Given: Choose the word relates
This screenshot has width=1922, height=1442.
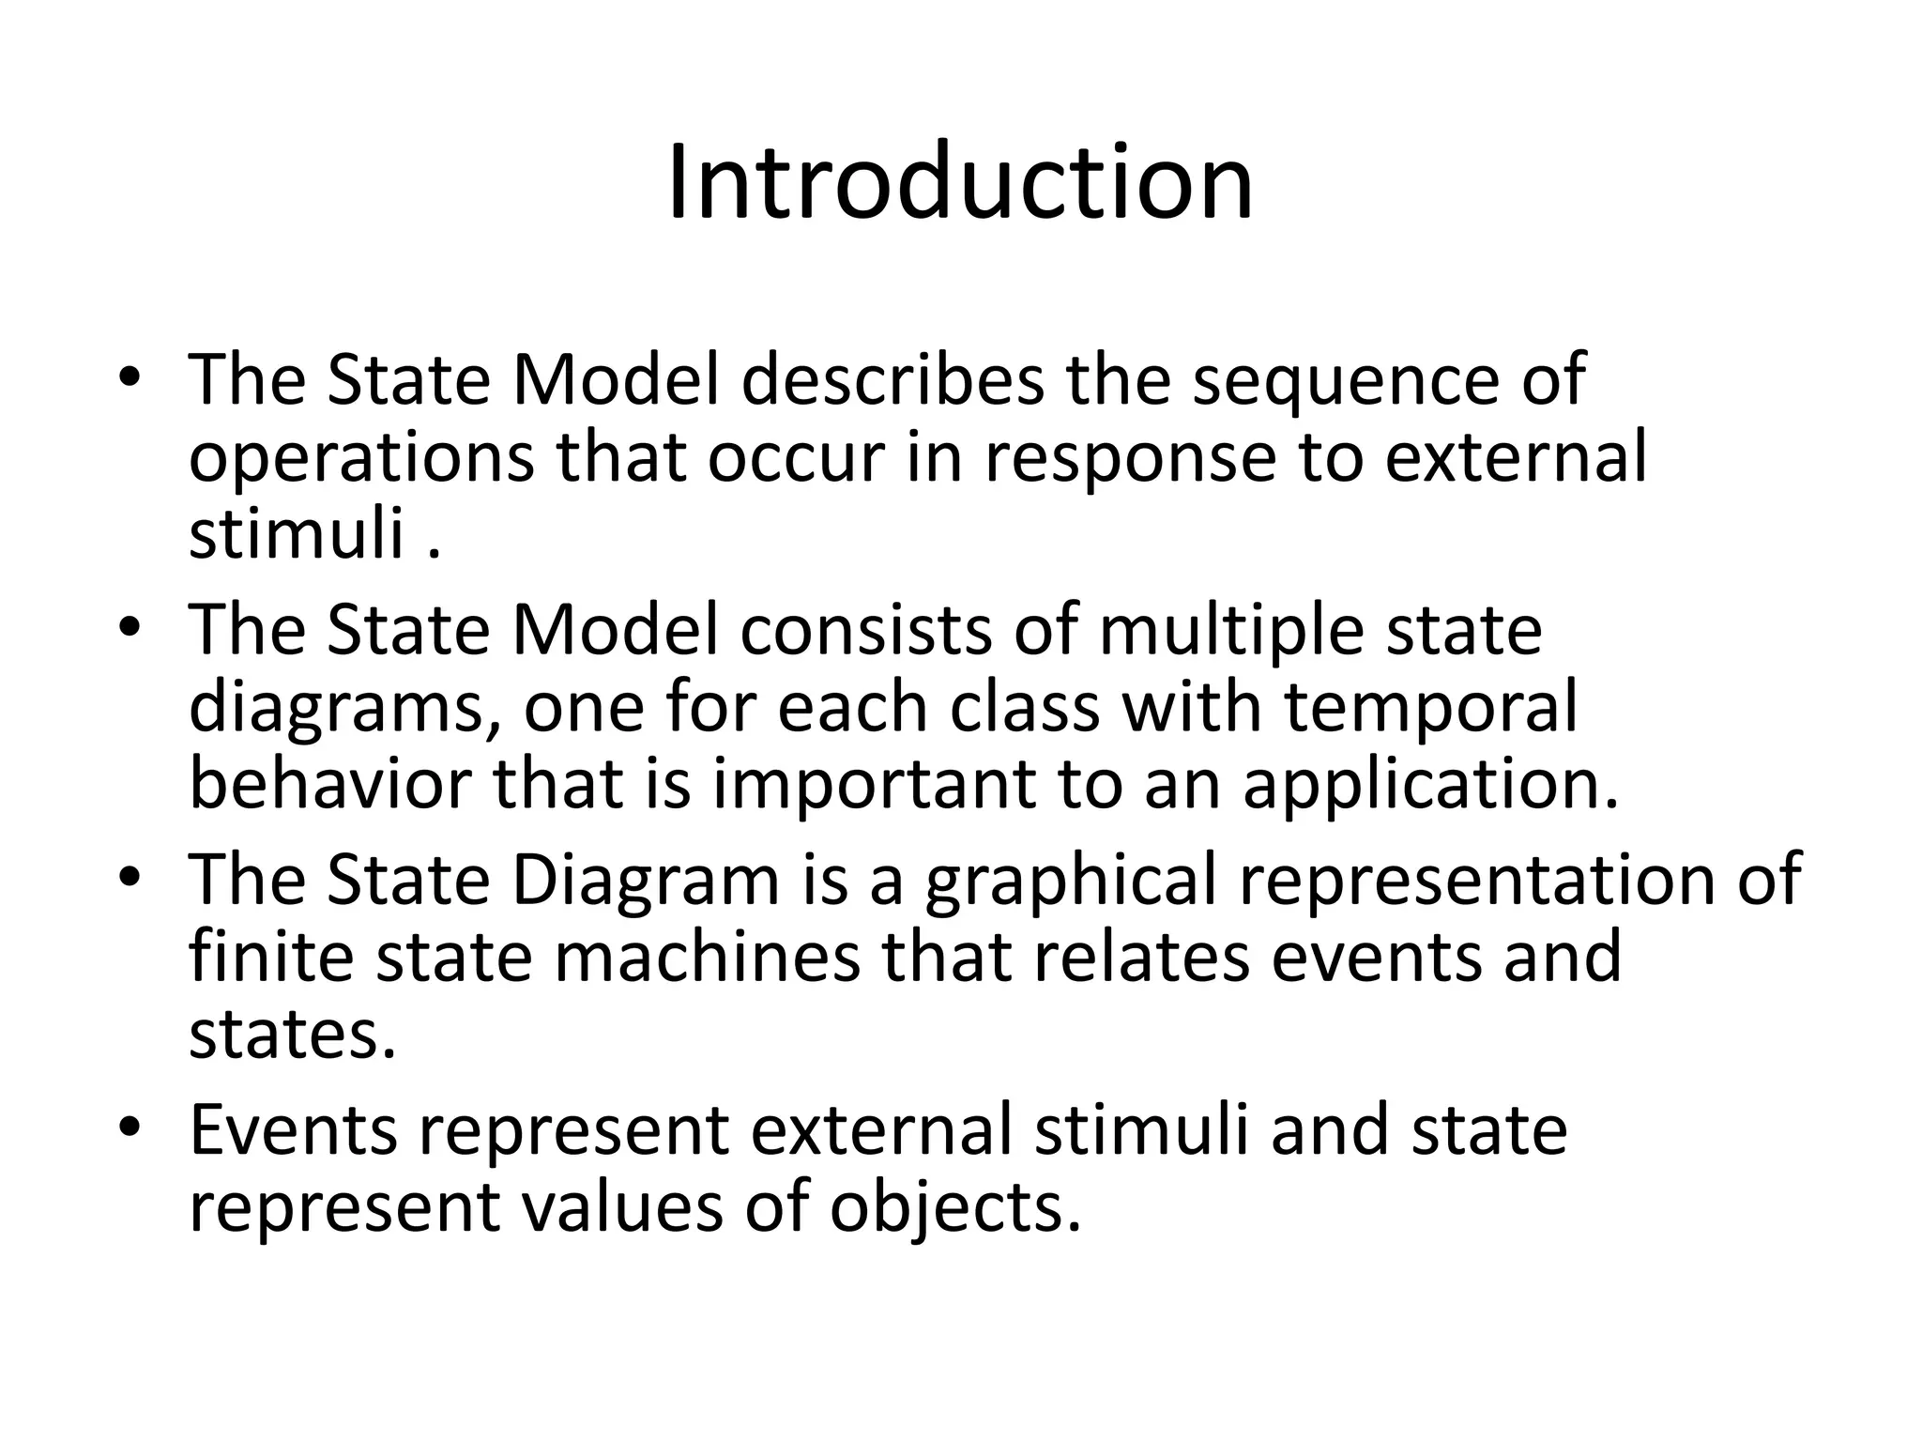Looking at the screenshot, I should [x=1142, y=955].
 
